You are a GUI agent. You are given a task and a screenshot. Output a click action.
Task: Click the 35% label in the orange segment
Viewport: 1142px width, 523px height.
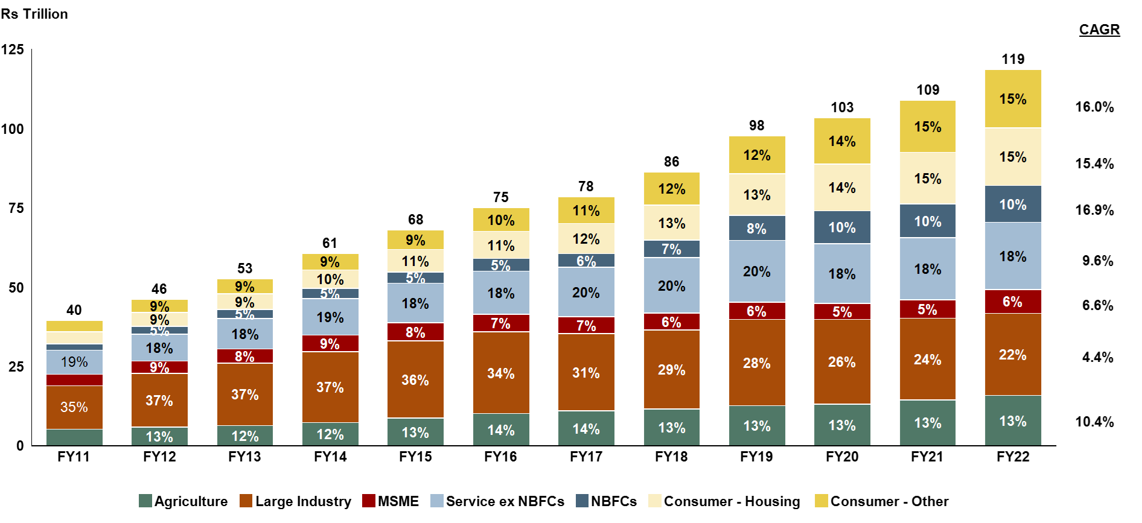point(74,407)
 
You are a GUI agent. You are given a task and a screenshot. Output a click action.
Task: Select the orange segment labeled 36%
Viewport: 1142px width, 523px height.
point(415,379)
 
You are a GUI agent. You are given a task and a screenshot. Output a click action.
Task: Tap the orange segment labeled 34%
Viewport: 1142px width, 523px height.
point(501,373)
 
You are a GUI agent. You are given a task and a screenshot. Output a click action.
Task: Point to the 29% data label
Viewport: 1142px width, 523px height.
point(672,370)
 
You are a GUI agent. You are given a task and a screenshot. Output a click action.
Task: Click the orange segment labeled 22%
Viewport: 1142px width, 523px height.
point(1013,354)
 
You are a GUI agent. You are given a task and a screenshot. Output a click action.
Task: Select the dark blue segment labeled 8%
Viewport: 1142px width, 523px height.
point(757,228)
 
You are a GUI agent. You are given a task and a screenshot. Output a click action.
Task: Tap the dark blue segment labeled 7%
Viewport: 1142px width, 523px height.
point(672,249)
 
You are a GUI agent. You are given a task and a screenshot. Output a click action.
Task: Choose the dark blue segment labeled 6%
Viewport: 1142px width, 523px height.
point(586,261)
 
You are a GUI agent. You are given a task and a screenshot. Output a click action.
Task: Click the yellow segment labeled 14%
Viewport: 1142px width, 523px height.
point(842,141)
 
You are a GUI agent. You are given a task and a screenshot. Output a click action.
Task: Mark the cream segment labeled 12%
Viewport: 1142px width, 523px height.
point(586,239)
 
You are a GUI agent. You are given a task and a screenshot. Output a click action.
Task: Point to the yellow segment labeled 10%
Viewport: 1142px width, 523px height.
point(501,220)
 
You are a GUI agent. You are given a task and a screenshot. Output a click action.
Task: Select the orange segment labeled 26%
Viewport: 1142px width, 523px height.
point(842,361)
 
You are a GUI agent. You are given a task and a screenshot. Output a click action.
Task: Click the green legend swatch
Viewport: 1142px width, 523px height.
point(145,501)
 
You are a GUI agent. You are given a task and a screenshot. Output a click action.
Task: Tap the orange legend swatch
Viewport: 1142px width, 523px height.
point(246,501)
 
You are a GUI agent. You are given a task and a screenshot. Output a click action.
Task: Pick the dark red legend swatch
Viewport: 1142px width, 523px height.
point(369,501)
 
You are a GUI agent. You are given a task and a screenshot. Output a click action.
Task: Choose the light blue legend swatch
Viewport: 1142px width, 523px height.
point(437,501)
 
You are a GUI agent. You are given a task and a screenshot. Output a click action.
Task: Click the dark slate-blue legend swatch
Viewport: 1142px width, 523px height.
point(582,501)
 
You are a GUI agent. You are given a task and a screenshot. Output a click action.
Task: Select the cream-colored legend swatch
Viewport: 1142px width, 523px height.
point(655,501)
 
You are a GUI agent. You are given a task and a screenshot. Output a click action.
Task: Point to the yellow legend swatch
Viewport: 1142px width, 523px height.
point(821,501)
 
